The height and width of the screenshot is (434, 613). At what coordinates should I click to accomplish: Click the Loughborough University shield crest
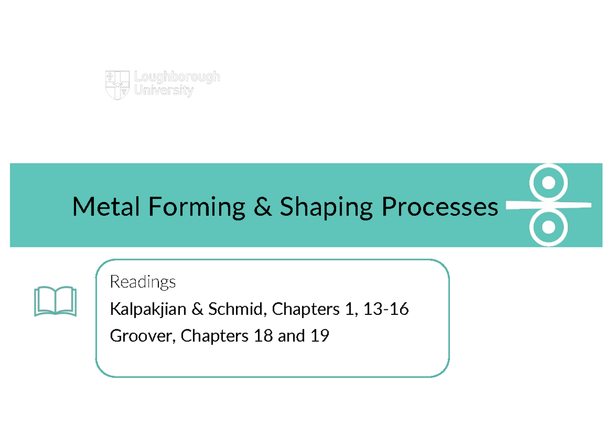[x=117, y=85]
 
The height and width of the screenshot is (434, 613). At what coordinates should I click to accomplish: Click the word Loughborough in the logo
[x=177, y=77]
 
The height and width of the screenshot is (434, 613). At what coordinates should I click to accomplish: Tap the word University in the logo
[x=164, y=92]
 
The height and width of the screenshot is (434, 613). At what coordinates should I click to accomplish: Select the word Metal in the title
[x=106, y=207]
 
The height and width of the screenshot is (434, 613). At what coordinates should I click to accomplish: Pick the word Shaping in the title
[x=326, y=207]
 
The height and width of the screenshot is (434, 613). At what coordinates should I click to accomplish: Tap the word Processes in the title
[x=439, y=207]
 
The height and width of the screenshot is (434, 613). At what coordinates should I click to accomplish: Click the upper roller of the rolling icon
[x=548, y=182]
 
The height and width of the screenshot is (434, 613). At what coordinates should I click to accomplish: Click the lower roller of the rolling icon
[x=548, y=226]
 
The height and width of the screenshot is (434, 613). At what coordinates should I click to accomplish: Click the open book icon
[x=55, y=302]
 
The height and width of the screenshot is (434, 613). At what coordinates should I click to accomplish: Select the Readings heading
[x=143, y=282]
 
